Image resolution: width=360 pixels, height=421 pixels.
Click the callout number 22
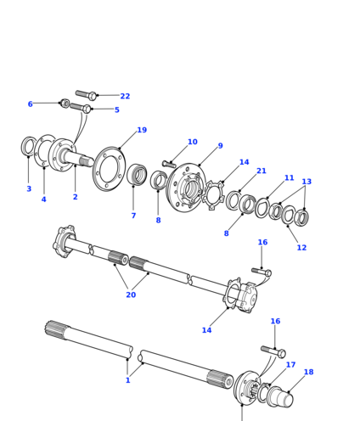click(x=125, y=96)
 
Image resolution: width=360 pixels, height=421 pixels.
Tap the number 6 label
click(x=31, y=104)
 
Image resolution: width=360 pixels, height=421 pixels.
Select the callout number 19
click(x=142, y=130)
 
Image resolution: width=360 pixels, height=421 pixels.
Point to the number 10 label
click(x=193, y=142)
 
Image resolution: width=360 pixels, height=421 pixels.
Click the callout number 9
click(x=221, y=146)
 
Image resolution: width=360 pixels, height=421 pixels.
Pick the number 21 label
click(x=262, y=171)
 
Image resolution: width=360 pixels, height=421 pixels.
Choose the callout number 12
click(x=301, y=248)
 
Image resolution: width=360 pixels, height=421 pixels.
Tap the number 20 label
click(x=131, y=295)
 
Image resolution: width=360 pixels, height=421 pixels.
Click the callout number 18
click(x=309, y=372)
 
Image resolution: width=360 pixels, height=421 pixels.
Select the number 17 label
click(x=290, y=365)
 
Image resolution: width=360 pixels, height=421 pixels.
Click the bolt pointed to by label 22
click(x=87, y=94)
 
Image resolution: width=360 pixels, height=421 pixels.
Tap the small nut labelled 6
click(x=65, y=104)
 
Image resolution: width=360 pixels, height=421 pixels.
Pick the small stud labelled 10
click(x=169, y=164)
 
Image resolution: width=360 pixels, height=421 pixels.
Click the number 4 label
click(x=43, y=199)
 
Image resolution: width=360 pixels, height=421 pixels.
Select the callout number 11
click(x=289, y=178)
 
